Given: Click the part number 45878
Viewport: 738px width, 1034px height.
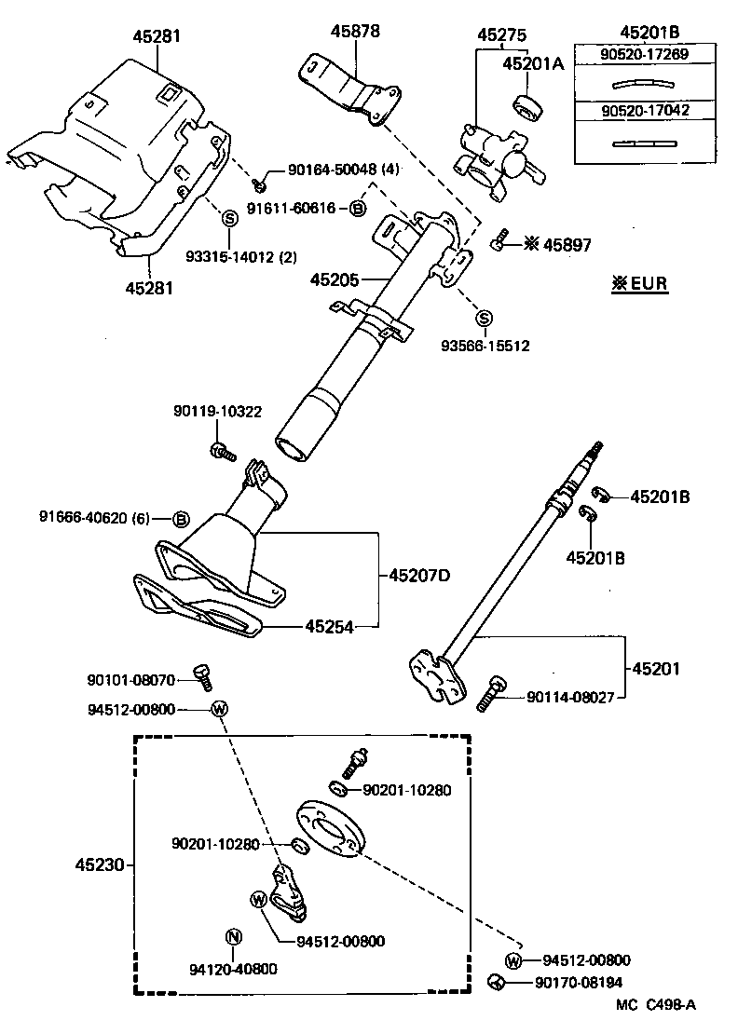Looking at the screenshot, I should coord(355,32).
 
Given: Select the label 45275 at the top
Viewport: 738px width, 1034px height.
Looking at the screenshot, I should coord(501,34).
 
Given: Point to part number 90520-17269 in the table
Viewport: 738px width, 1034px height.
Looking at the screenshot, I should coord(632,55).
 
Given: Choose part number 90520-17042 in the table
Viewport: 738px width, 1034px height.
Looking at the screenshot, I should coord(632,110).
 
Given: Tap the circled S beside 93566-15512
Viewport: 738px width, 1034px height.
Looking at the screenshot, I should coord(484,320).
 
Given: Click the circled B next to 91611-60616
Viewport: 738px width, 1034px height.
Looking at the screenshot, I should coord(356,209).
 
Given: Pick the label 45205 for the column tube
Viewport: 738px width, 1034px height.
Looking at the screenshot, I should coord(334,279).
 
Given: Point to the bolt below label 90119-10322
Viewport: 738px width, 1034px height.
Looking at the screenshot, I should coord(221,452).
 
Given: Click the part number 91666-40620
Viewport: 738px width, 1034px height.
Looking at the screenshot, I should coord(83,517).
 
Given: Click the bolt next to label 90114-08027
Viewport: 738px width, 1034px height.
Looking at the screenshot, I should coord(490,695).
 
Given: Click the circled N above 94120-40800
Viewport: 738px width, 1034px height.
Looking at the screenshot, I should coord(234,937).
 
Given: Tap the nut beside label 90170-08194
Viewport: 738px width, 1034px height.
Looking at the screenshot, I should coord(497,981).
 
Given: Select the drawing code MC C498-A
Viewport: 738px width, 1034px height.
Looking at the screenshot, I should coord(655,1004).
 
